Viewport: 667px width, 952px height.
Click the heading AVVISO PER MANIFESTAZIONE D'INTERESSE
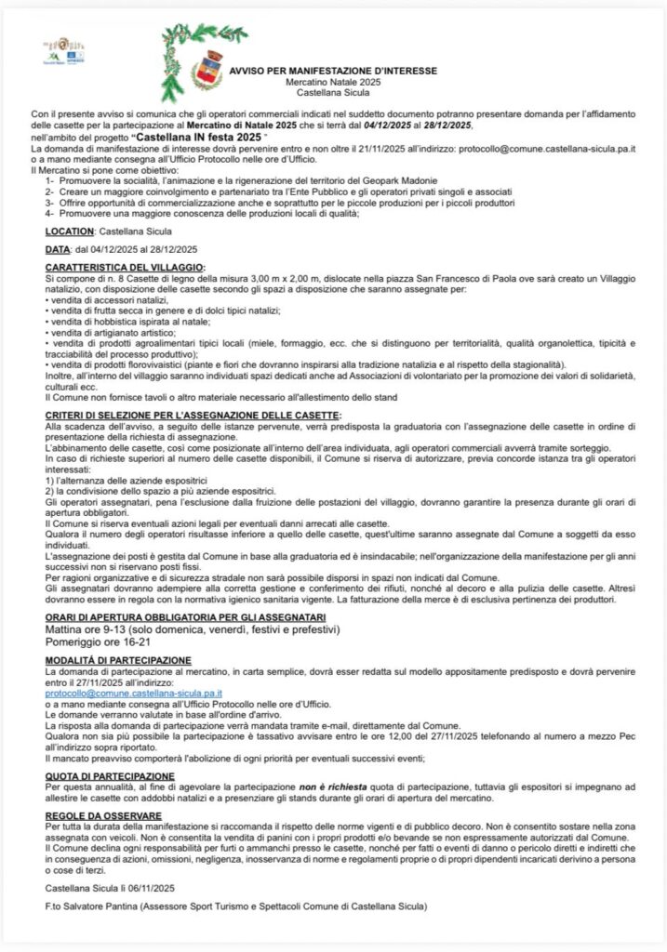click(x=332, y=70)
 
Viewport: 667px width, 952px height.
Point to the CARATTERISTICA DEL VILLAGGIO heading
click(x=124, y=267)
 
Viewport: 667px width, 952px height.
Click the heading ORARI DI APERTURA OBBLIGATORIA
click(x=166, y=617)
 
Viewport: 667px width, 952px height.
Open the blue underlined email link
click(x=133, y=693)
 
